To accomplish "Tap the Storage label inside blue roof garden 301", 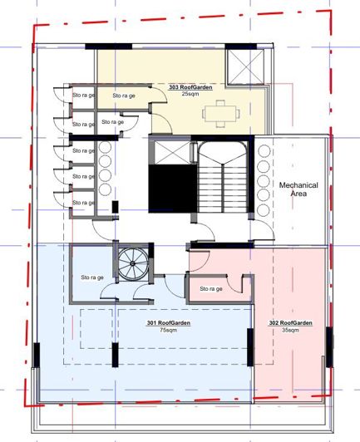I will [x=92, y=277].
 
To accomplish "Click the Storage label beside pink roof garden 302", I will [x=212, y=288].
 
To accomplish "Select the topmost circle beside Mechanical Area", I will [x=264, y=152].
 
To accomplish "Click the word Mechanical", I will [x=293, y=184].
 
